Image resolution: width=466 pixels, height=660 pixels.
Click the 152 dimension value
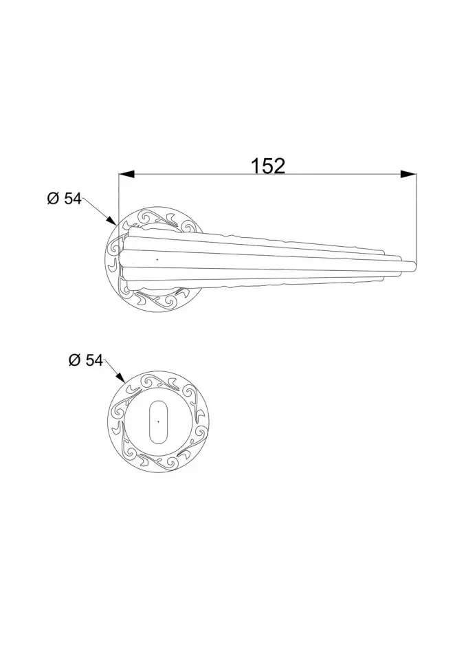point(268,166)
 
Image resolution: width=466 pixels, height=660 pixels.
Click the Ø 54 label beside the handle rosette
point(64,199)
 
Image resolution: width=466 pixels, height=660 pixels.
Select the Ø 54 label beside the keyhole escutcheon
point(85,360)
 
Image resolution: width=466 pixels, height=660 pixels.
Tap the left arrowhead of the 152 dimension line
point(126,174)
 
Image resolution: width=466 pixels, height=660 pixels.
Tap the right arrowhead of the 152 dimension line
point(408,174)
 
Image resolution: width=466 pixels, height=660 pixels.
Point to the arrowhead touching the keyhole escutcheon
point(120,377)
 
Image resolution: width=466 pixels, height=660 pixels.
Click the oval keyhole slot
point(158,422)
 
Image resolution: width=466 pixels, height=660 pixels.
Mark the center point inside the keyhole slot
point(158,421)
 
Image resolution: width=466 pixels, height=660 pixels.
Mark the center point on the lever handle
point(157,259)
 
